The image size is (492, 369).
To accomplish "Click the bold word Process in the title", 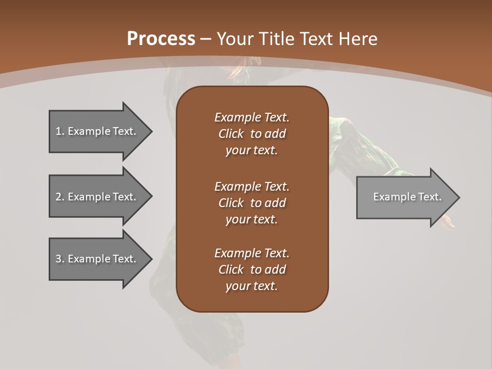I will click(161, 39).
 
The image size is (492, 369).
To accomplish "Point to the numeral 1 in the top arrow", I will click(58, 131).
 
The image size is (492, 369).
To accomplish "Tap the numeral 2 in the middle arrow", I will click(58, 197).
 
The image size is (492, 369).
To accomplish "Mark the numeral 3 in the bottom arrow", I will click(58, 259).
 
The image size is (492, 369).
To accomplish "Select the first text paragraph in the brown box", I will click(252, 134).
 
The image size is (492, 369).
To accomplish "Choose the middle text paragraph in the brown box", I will click(252, 203).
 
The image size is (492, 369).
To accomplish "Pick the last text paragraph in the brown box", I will click(252, 270).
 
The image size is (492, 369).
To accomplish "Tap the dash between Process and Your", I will click(206, 39).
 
